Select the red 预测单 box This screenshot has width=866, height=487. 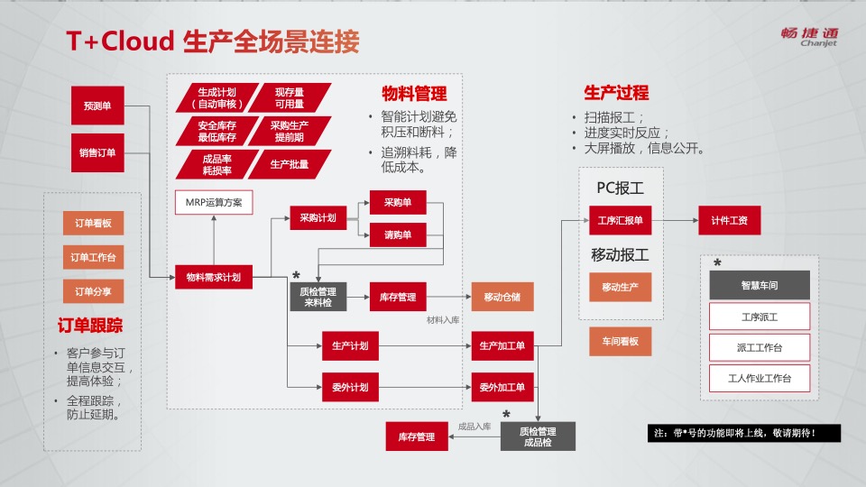(97, 106)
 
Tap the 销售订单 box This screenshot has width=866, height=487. (97, 152)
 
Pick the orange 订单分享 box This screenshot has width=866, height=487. (93, 291)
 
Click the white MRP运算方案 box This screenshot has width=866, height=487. (214, 202)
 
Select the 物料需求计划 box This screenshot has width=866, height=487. (214, 277)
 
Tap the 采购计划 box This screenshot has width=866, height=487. (318, 217)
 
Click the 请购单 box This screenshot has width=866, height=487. (398, 235)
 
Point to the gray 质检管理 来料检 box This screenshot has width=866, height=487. (318, 297)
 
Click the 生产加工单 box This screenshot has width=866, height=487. (502, 345)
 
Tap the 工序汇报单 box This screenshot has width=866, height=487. (620, 220)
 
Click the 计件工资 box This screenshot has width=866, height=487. (729, 220)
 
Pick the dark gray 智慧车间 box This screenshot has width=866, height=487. (760, 285)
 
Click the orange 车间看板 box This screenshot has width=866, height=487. (620, 341)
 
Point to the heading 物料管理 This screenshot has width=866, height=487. (414, 94)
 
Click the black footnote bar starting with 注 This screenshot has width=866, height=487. (743, 433)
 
